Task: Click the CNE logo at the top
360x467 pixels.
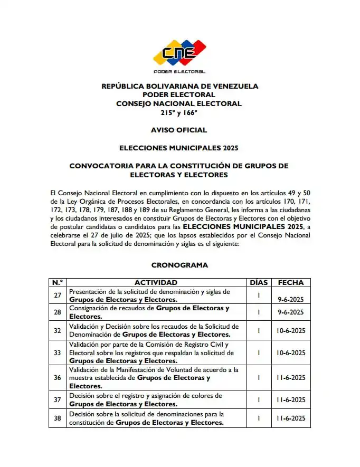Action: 179,53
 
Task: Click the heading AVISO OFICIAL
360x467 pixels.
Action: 179,130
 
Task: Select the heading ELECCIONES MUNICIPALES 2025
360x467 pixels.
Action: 179,148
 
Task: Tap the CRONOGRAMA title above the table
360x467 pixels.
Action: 179,265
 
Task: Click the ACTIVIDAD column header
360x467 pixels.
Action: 156,282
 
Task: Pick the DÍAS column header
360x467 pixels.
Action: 259,282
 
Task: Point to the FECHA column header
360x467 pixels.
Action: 291,282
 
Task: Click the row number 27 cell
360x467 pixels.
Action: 58,295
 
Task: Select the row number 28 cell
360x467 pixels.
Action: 58,312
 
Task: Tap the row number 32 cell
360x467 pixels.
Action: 58,330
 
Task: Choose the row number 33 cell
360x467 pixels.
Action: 58,352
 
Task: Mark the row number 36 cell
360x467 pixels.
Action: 58,378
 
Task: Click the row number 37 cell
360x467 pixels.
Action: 58,399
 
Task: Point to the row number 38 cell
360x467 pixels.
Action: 58,418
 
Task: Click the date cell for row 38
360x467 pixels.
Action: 291,418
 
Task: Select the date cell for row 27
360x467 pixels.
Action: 291,299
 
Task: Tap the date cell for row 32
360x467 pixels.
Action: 291,330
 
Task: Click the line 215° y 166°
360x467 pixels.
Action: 179,112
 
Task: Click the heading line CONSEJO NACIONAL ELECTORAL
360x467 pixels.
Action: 179,103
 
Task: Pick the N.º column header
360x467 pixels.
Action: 58,282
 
